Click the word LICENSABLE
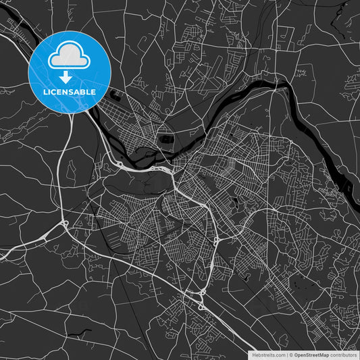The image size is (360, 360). (70, 91)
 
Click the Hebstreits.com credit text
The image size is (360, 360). (269, 355)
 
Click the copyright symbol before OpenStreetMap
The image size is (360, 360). (291, 355)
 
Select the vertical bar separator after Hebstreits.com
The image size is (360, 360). (286, 355)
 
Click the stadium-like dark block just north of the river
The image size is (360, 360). (166, 139)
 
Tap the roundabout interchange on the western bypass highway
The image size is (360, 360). (64, 224)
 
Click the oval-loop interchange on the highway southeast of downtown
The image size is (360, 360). (215, 242)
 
